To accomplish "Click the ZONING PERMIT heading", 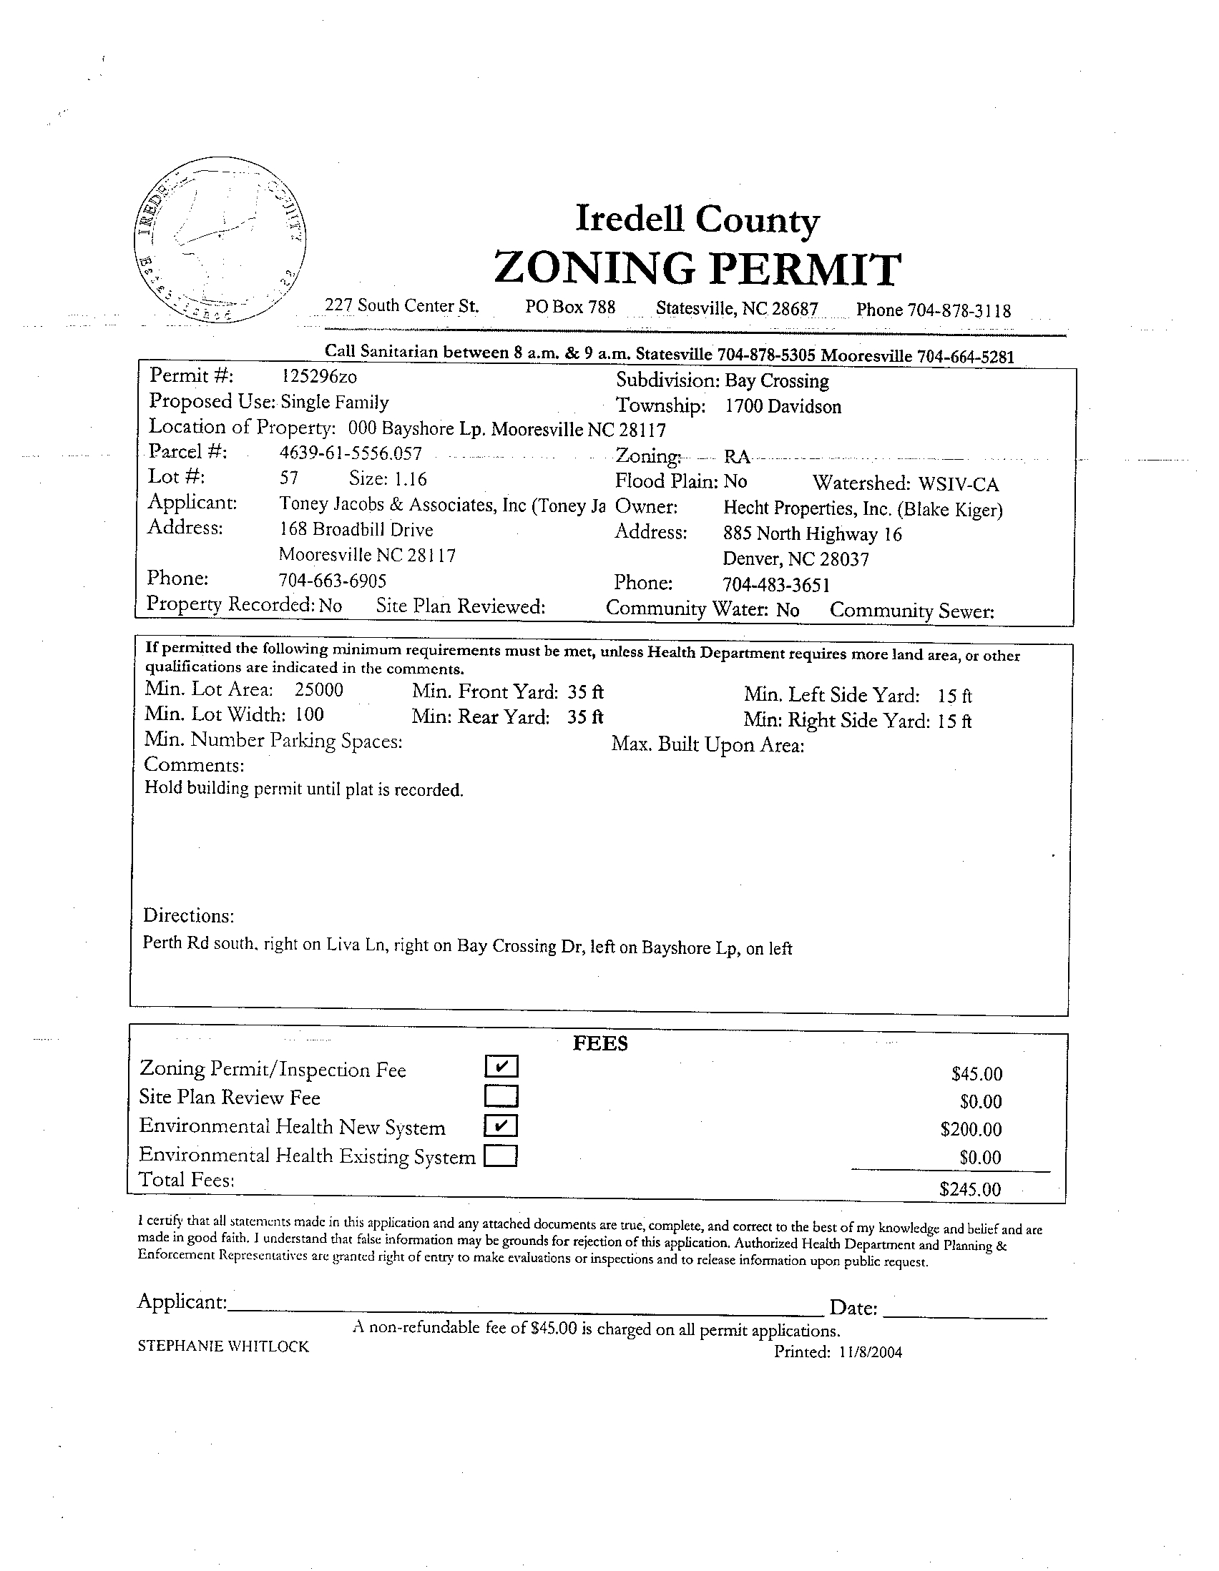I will pyautogui.click(x=697, y=269).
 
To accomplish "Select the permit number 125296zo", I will pyautogui.click(x=318, y=376).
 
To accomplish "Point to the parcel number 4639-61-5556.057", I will pyautogui.click(x=351, y=453).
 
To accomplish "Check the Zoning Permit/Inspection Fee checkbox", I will pyautogui.click(x=501, y=1066).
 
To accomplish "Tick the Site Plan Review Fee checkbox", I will pyautogui.click(x=501, y=1095).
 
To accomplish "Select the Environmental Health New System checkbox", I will pyautogui.click(x=501, y=1125).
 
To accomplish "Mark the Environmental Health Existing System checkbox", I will pyautogui.click(x=501, y=1156).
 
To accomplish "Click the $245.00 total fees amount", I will pyautogui.click(x=970, y=1189).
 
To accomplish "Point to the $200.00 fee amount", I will pyautogui.click(x=971, y=1129).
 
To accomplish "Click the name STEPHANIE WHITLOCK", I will pyautogui.click(x=223, y=1347).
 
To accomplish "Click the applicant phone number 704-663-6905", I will pyautogui.click(x=332, y=581).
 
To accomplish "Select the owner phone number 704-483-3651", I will pyautogui.click(x=776, y=585).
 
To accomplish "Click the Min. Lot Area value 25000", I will pyautogui.click(x=319, y=690).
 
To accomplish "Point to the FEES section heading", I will pyautogui.click(x=600, y=1044).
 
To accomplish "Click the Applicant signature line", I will pyautogui.click(x=525, y=1304).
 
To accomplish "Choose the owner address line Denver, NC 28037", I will pyautogui.click(x=796, y=559).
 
